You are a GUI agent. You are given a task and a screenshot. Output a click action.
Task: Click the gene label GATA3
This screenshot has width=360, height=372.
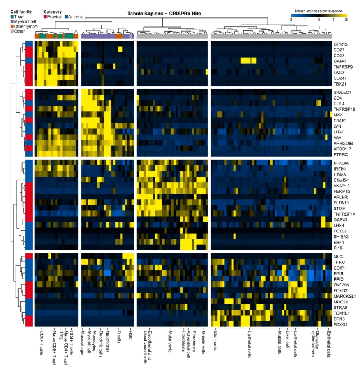(x=340, y=61)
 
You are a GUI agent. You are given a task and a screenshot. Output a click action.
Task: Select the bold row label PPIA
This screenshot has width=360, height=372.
(x=339, y=274)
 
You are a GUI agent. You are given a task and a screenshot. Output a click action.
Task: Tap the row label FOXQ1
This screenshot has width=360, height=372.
(x=340, y=324)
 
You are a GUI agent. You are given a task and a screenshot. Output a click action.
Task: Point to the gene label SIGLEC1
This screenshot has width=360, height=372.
(x=342, y=92)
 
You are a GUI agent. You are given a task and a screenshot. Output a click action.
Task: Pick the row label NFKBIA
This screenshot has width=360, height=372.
(x=341, y=163)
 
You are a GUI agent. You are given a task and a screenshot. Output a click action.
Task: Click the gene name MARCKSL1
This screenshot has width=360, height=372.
(x=345, y=296)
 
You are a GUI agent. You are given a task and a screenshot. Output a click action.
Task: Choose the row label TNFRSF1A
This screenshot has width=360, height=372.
(x=344, y=214)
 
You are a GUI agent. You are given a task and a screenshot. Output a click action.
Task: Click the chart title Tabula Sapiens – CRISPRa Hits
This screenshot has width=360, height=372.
(x=164, y=14)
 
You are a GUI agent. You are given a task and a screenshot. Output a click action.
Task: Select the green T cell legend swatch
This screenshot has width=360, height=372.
(x=12, y=17)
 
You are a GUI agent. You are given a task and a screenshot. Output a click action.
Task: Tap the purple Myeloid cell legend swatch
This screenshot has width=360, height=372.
(x=12, y=21)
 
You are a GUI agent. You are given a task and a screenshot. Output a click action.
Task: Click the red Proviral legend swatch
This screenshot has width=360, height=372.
(x=45, y=17)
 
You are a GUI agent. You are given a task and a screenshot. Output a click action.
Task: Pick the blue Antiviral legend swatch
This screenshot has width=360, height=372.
(x=66, y=17)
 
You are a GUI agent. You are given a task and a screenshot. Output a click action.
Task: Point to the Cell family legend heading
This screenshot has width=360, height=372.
(x=21, y=12)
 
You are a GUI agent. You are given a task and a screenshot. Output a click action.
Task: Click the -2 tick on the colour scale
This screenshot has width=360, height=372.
(x=290, y=20)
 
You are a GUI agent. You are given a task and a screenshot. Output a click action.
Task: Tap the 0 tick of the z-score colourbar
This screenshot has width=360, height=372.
(x=319, y=20)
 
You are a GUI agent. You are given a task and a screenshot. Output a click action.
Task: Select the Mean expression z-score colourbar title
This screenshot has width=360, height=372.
(x=318, y=11)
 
